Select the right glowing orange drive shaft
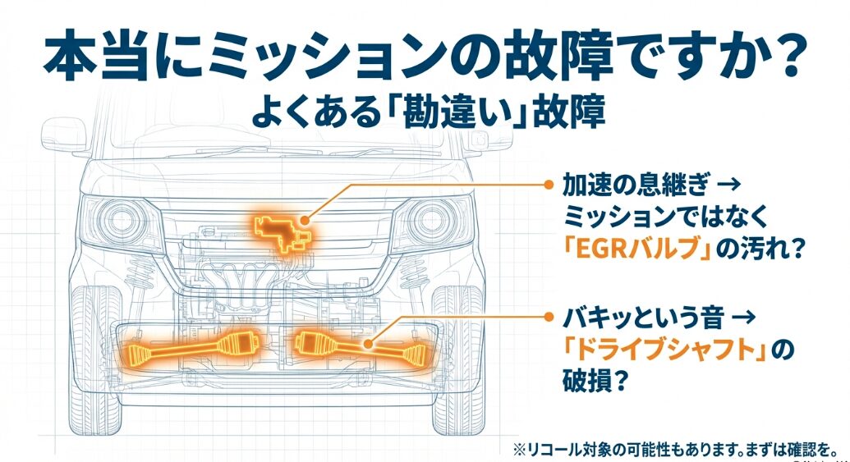362,348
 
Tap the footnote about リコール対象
673,449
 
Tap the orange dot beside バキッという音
548,315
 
